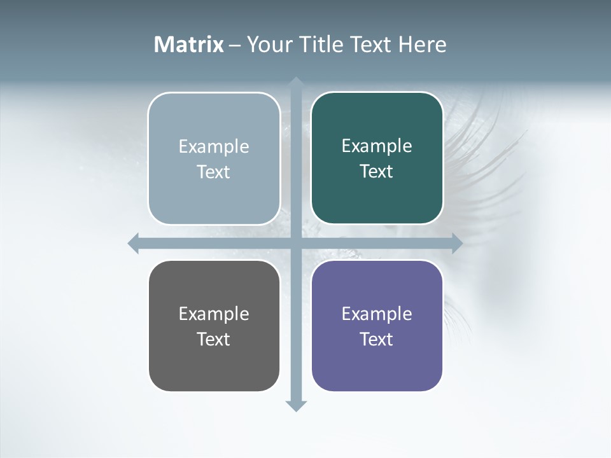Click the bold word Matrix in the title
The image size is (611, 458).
[x=188, y=45]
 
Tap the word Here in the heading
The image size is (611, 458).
[x=422, y=45]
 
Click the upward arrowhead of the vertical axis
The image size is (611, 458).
[x=296, y=82]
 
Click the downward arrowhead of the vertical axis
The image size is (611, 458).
[x=296, y=405]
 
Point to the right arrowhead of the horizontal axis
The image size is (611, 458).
[x=456, y=243]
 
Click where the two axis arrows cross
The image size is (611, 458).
[x=296, y=243]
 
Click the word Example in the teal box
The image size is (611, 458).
[x=377, y=146]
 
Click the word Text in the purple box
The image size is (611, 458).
[x=377, y=339]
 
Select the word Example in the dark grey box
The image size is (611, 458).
[x=214, y=314]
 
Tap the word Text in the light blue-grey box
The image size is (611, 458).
[x=214, y=172]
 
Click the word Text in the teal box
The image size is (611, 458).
[x=377, y=171]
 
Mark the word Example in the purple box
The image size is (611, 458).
[x=377, y=314]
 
